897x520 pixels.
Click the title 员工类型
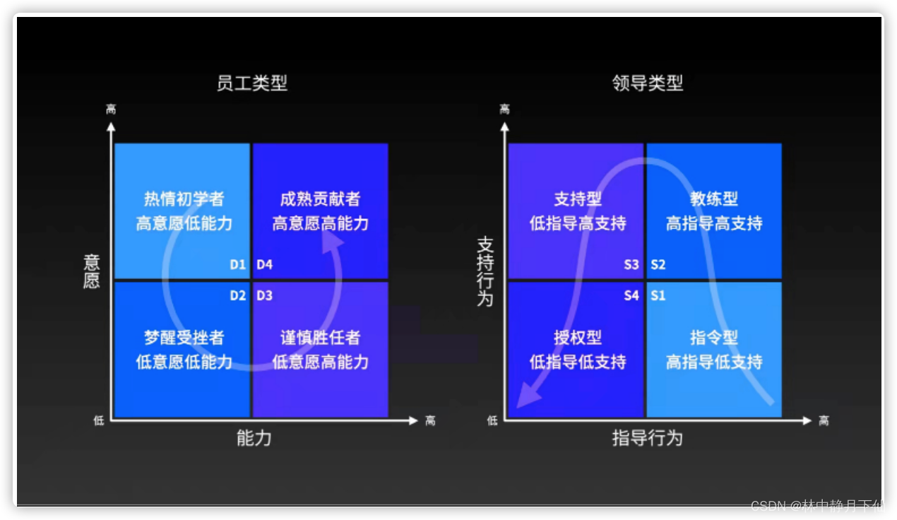[251, 83]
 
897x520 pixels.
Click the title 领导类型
[647, 83]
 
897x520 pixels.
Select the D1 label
[237, 265]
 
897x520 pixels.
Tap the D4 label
[264, 265]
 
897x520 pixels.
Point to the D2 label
[237, 295]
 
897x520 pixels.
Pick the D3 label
[264, 295]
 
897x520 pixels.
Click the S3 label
[631, 265]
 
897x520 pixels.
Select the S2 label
[658, 265]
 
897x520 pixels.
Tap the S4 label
[631, 295]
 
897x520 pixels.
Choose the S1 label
[658, 295]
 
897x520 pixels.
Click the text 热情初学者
[184, 199]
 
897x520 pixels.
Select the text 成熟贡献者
[320, 199]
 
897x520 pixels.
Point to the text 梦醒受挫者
[184, 338]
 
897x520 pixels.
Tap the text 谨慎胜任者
[320, 338]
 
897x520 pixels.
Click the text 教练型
[714, 199]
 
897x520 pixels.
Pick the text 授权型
[578, 338]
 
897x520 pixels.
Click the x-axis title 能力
[254, 439]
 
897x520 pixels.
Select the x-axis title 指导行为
[647, 439]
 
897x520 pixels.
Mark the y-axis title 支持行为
[485, 271]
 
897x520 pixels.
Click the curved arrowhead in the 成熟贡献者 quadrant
[333, 241]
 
